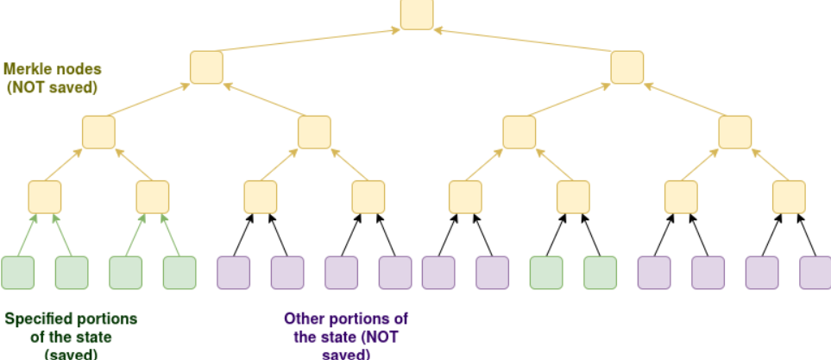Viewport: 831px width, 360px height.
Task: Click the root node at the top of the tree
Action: [417, 14]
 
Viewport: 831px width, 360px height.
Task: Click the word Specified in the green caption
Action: [39, 319]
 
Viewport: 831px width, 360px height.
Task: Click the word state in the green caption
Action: [96, 337]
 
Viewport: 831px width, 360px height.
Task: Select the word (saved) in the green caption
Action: [71, 354]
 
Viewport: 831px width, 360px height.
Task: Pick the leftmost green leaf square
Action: [17, 273]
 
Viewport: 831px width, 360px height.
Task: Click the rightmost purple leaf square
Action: [815, 273]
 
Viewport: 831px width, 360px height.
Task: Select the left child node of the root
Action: [206, 67]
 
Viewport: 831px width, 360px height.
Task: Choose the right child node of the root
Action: [627, 67]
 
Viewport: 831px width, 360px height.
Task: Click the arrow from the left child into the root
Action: [307, 41]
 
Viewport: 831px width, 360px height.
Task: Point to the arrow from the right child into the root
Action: [523, 41]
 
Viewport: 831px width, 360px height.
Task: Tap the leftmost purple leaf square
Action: [233, 273]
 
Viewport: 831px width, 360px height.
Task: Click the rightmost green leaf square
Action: [600, 273]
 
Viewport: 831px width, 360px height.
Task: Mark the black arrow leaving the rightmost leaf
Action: [807, 235]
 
